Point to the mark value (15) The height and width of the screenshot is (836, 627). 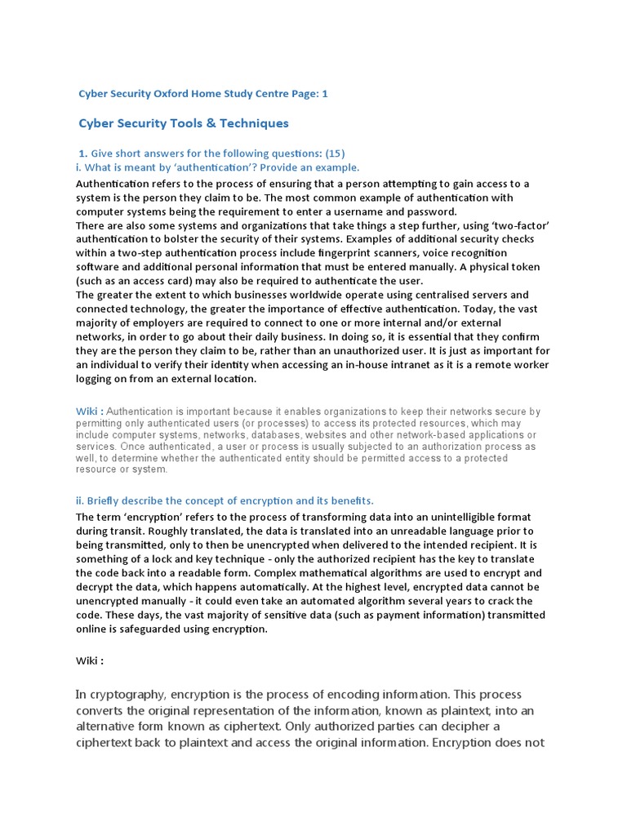(335, 153)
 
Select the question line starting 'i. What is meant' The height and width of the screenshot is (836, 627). (217, 167)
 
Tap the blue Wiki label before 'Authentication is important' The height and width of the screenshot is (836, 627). (89, 412)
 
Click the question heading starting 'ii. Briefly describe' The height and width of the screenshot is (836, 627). (225, 500)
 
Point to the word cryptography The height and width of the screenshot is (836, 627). (127, 694)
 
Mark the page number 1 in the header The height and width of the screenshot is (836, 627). (324, 94)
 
